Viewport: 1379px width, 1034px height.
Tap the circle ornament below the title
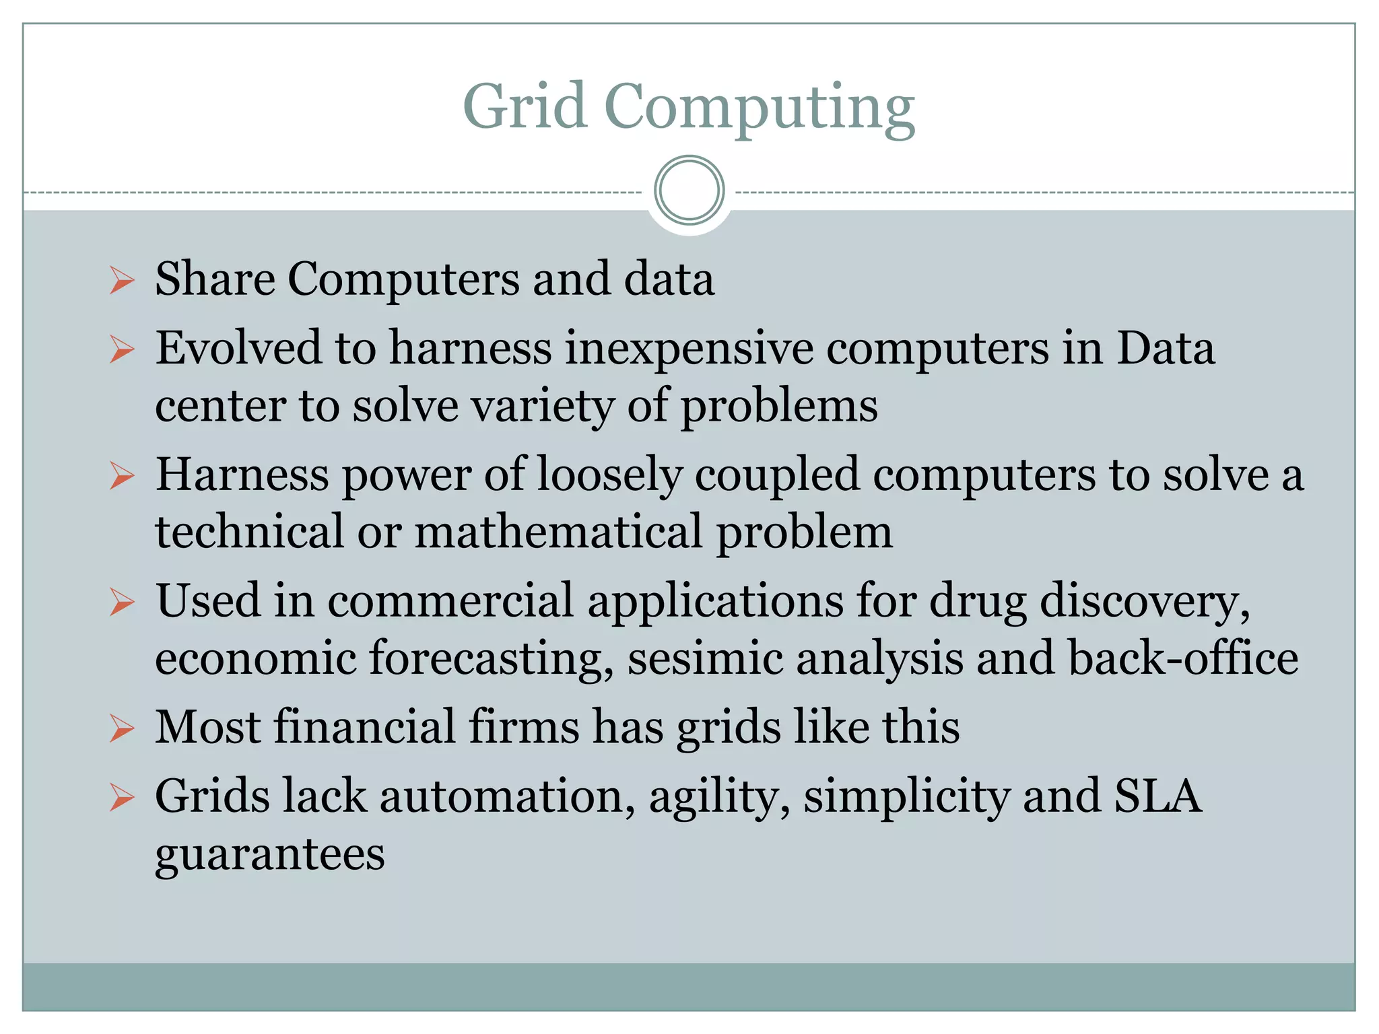[689, 191]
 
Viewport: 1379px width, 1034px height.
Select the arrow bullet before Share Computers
[122, 280]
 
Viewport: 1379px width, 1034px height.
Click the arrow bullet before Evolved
[122, 350]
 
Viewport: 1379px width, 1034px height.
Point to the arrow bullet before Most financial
[122, 728]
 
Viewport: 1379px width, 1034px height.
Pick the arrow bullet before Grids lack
[122, 798]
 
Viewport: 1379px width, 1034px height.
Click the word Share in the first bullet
[215, 279]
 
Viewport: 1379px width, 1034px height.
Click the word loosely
[609, 475]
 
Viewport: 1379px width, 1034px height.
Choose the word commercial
[450, 600]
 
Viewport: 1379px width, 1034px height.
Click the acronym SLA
[1157, 796]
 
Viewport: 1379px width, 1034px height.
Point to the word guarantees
[270, 855]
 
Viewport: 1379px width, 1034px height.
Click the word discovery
[1145, 600]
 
